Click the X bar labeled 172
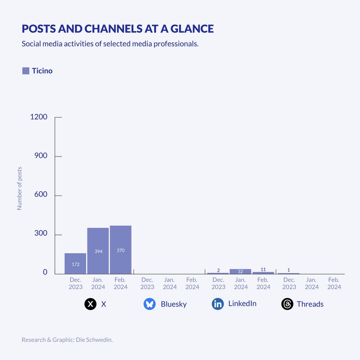pyautogui.click(x=75, y=263)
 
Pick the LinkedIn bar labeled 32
pyautogui.click(x=240, y=271)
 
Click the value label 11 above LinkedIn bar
pyautogui.click(x=263, y=270)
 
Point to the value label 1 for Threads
pyautogui.click(x=289, y=270)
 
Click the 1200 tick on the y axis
pyautogui.click(x=39, y=117)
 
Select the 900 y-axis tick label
pyautogui.click(x=41, y=156)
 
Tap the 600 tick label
pyautogui.click(x=41, y=195)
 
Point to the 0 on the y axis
pyautogui.click(x=45, y=272)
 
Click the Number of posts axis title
pyautogui.click(x=20, y=188)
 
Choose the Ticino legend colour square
pyautogui.click(x=26, y=71)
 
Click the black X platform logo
pyautogui.click(x=90, y=304)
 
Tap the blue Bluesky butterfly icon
pyautogui.click(x=150, y=304)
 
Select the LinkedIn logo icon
pyautogui.click(x=218, y=304)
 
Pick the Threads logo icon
pyautogui.click(x=287, y=304)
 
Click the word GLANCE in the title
pyautogui.click(x=192, y=29)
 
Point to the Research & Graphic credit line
pyautogui.click(x=67, y=339)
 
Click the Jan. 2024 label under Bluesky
pyautogui.click(x=170, y=284)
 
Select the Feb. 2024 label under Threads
pyautogui.click(x=334, y=284)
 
